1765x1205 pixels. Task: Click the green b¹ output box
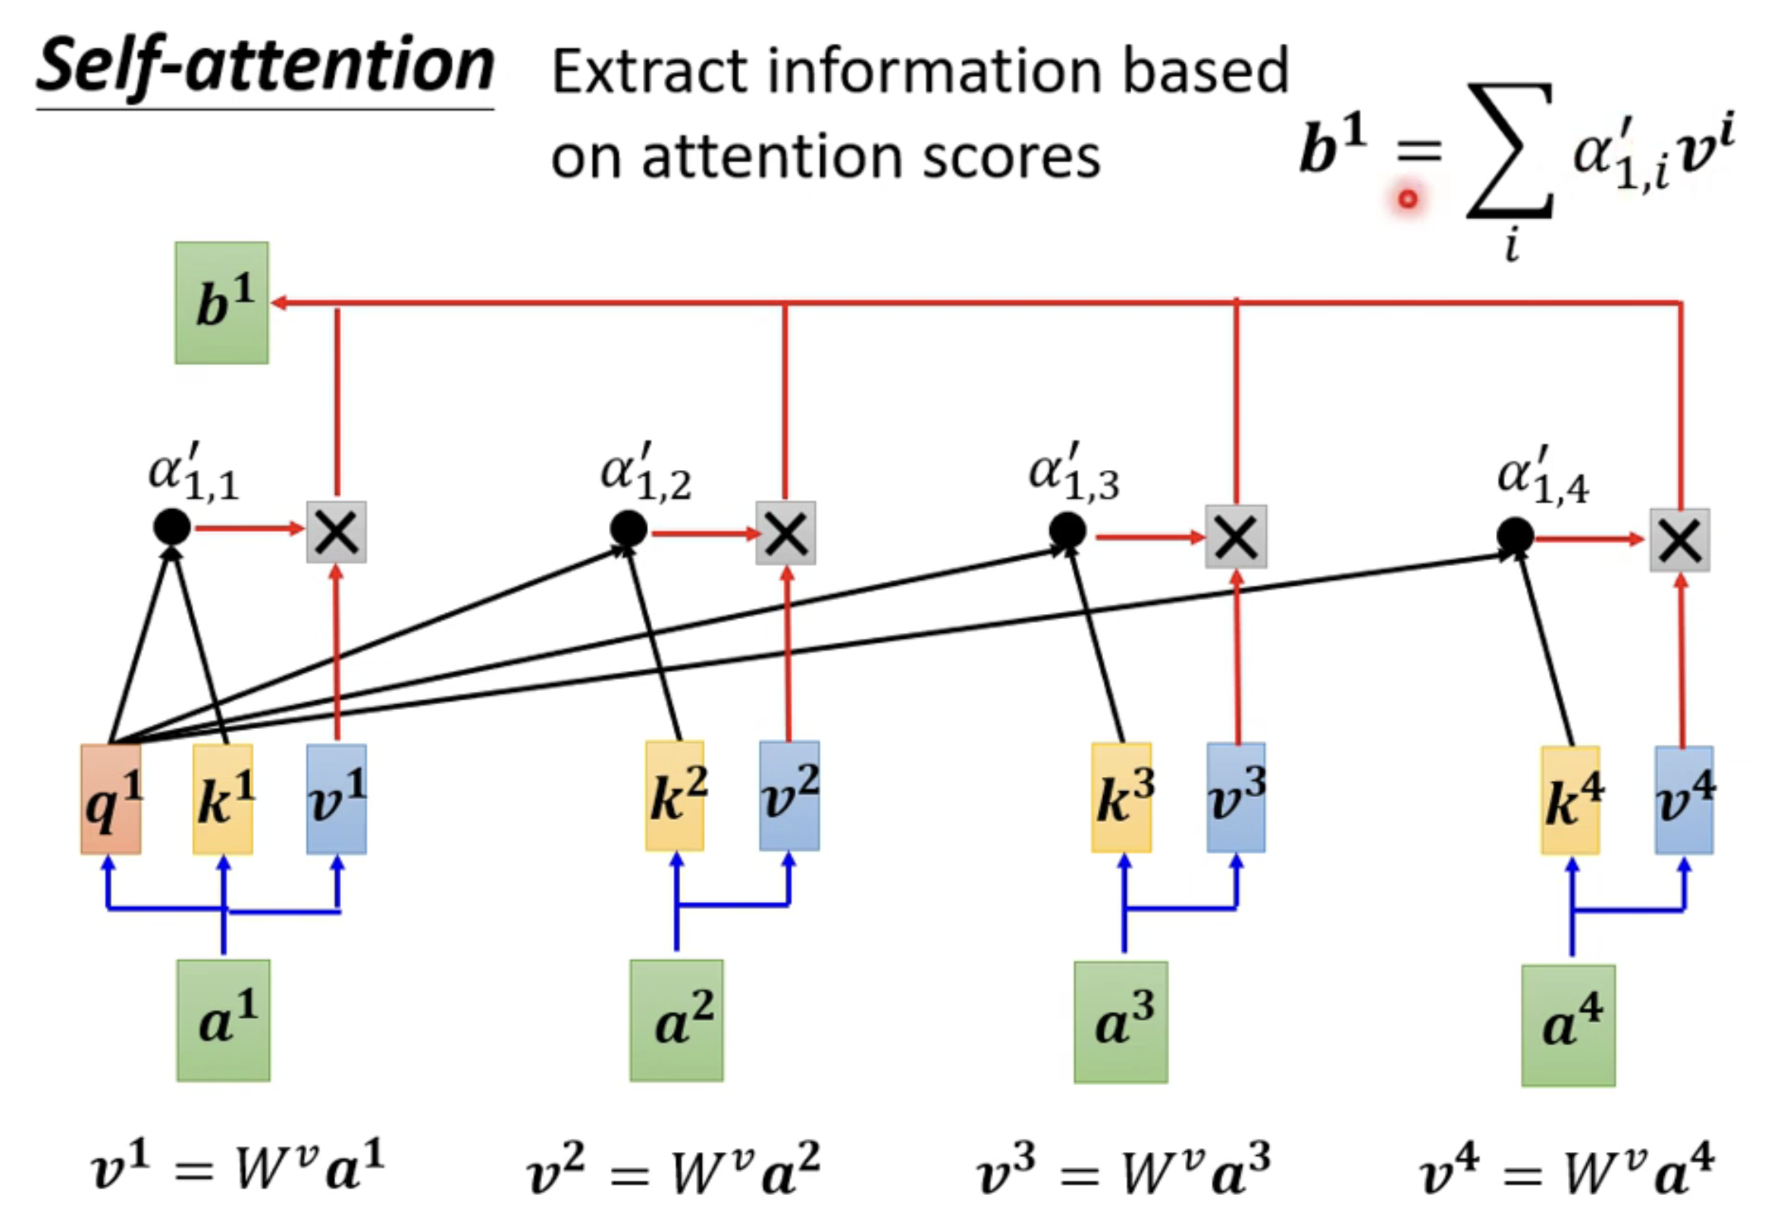tap(221, 302)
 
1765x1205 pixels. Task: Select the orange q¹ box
tap(111, 799)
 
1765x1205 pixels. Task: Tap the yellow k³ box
tap(1121, 797)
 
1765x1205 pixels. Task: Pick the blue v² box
tap(789, 796)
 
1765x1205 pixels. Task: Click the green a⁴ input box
tap(1569, 1026)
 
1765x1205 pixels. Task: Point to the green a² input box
tap(676, 1021)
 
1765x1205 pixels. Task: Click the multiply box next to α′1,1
tap(337, 532)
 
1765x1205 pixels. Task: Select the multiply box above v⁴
tap(1680, 540)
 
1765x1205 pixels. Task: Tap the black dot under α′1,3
tap(1067, 531)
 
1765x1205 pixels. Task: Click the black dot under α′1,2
tap(628, 528)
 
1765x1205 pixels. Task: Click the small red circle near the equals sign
tap(1408, 199)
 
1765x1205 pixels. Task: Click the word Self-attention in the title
tap(266, 67)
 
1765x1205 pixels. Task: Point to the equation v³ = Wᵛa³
tap(1123, 1169)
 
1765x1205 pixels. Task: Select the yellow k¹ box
tap(223, 799)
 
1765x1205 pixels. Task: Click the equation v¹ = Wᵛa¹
tap(237, 1168)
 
